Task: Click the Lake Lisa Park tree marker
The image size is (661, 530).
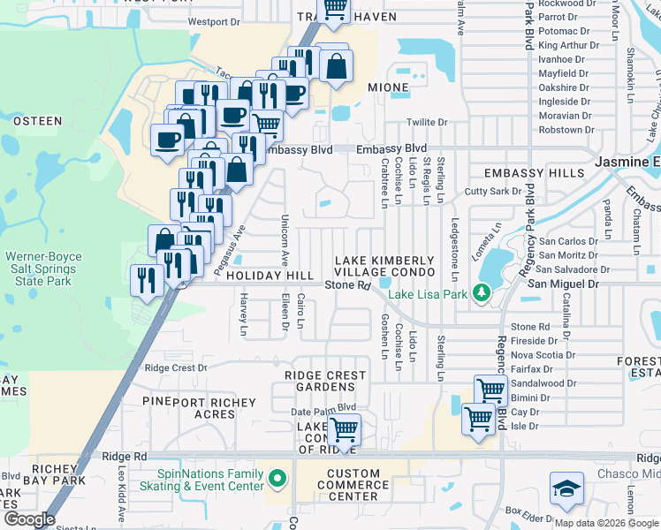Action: tap(482, 291)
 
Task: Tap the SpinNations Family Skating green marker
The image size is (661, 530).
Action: tap(277, 479)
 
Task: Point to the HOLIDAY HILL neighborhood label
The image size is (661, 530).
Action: tap(270, 276)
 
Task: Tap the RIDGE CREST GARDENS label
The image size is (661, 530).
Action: tap(325, 381)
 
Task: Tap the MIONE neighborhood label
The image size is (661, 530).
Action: tap(389, 88)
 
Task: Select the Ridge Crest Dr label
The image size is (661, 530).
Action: tap(175, 367)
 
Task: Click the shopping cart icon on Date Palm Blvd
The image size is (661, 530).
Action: tap(344, 431)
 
